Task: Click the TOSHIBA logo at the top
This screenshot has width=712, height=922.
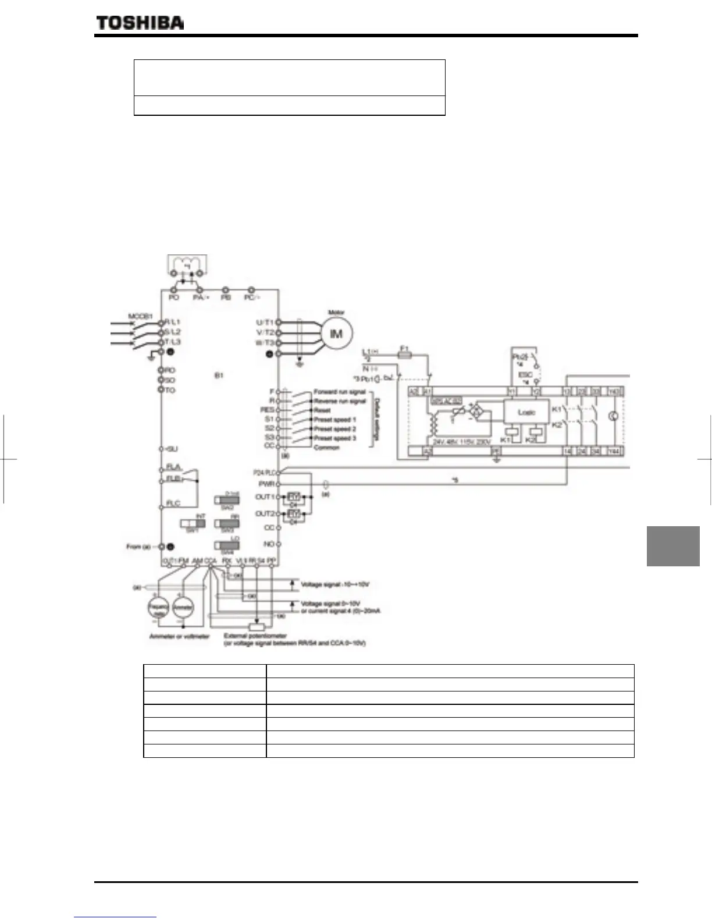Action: (x=140, y=23)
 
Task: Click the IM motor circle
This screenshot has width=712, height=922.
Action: (x=336, y=334)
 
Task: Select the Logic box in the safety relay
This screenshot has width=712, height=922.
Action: (x=526, y=412)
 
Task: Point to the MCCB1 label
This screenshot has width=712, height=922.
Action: (x=140, y=317)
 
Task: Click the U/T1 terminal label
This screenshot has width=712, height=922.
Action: (x=265, y=322)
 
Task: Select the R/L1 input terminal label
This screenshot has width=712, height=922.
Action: (x=173, y=322)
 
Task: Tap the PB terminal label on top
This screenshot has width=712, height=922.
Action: (x=226, y=297)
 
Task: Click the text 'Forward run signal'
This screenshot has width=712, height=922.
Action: (x=340, y=392)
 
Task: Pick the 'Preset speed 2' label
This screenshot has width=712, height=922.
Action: (x=335, y=429)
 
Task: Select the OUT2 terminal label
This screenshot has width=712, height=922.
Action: (x=264, y=514)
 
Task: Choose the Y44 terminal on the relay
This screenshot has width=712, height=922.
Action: (x=614, y=451)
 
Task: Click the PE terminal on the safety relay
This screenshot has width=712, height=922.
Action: (x=496, y=451)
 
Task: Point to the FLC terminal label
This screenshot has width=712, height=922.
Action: (x=173, y=503)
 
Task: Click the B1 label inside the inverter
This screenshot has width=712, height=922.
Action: (x=219, y=376)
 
